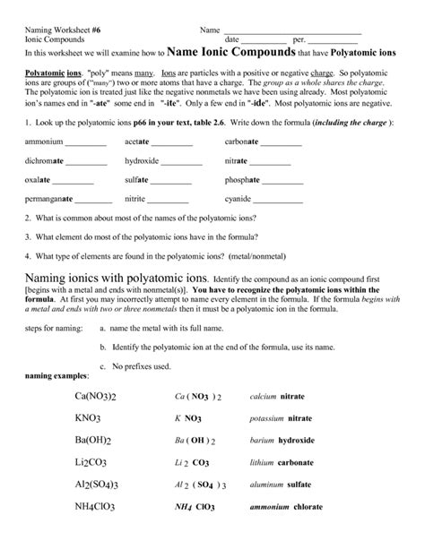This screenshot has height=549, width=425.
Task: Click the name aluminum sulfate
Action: pyautogui.click(x=281, y=510)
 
